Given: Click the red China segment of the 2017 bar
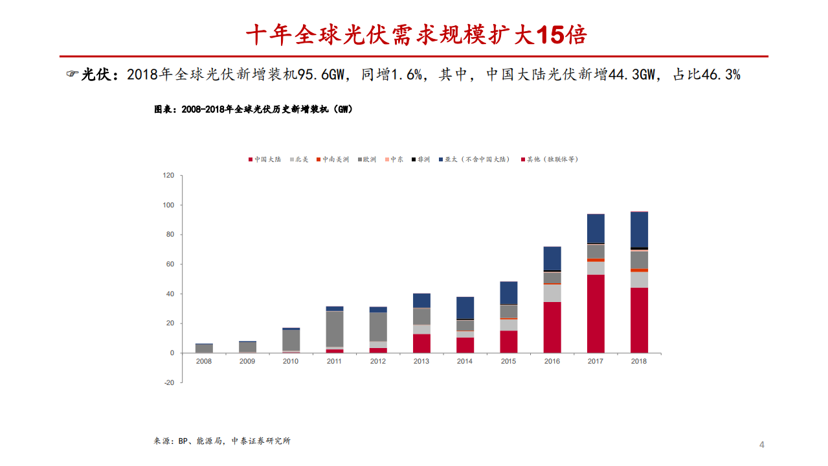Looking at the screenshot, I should (x=596, y=314).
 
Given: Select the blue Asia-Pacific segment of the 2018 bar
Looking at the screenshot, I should (x=639, y=229).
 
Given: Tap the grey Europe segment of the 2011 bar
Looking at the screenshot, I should (x=335, y=329).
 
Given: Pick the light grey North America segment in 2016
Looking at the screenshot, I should (x=552, y=292).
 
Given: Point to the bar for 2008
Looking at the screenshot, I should (x=204, y=349).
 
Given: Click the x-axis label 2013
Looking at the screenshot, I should (x=421, y=361).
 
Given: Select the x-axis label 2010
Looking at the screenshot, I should (x=291, y=361).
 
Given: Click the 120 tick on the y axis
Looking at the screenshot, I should (x=168, y=176).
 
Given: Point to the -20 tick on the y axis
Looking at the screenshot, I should (x=168, y=382).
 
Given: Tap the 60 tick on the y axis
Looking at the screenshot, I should (x=170, y=264).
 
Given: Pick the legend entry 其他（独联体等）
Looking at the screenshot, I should (x=552, y=159).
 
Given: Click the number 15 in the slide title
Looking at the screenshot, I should (x=549, y=35).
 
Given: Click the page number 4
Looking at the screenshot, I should (x=761, y=445).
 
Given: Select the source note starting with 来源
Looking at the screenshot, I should (x=222, y=441).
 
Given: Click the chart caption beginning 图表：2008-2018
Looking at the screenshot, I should (x=253, y=110).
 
